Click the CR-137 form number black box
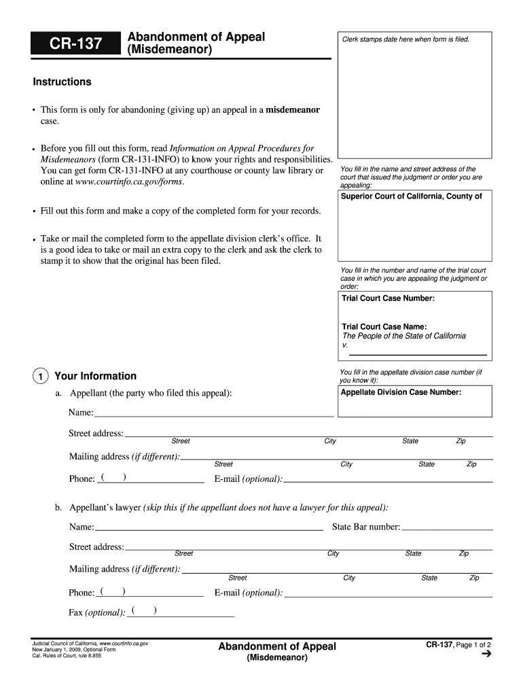coord(75,45)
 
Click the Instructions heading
coord(62,82)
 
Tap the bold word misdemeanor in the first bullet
coord(293,109)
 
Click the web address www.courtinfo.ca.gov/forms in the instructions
coord(129,181)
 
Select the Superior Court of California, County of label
coord(412,196)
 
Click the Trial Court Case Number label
coord(388,298)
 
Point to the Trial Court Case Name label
coord(384,327)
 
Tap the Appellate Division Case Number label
coord(401,392)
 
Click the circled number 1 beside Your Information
coord(41,377)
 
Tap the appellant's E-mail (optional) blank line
coord(388,478)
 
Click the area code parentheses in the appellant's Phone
coord(113,477)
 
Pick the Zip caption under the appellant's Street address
coord(461,442)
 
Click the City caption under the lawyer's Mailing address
coord(349,578)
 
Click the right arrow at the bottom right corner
coord(485,655)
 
